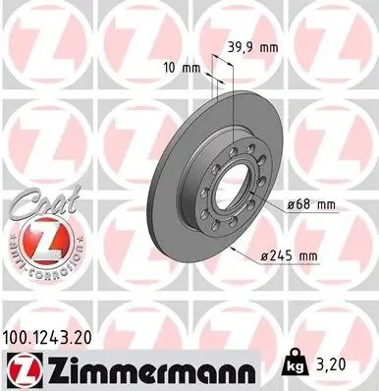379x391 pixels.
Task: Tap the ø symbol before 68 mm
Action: coord(295,204)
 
